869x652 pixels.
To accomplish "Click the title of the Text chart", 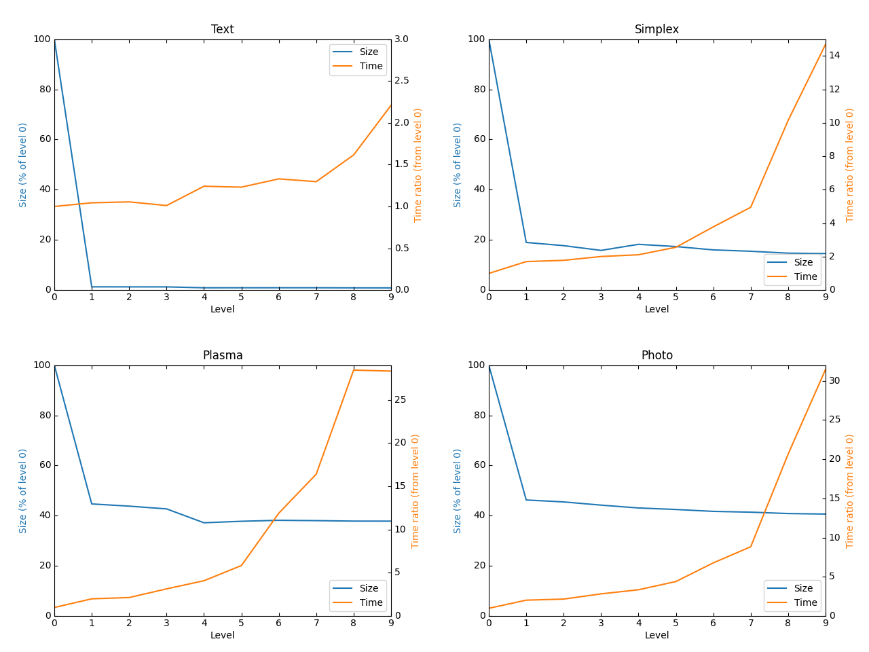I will [222, 29].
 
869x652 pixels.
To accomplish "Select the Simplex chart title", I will [657, 29].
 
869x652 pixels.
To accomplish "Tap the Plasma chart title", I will [222, 355].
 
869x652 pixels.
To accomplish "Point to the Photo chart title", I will [657, 355].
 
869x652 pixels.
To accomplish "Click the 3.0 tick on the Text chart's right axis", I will [402, 39].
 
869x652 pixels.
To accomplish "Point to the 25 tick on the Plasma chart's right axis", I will [401, 399].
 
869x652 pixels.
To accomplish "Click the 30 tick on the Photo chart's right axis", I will [834, 380].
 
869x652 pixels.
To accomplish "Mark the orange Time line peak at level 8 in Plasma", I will [354, 369].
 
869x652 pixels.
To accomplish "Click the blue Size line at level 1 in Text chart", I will [92, 287].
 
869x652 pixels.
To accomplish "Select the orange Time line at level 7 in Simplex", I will [750, 207].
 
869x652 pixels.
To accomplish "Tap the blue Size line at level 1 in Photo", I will [526, 500].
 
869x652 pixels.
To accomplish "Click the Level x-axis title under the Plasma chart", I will [222, 635].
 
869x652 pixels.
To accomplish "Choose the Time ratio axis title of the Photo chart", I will [850, 490].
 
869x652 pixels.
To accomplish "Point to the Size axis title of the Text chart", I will [23, 164].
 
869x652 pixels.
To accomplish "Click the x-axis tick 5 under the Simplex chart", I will [676, 297].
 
